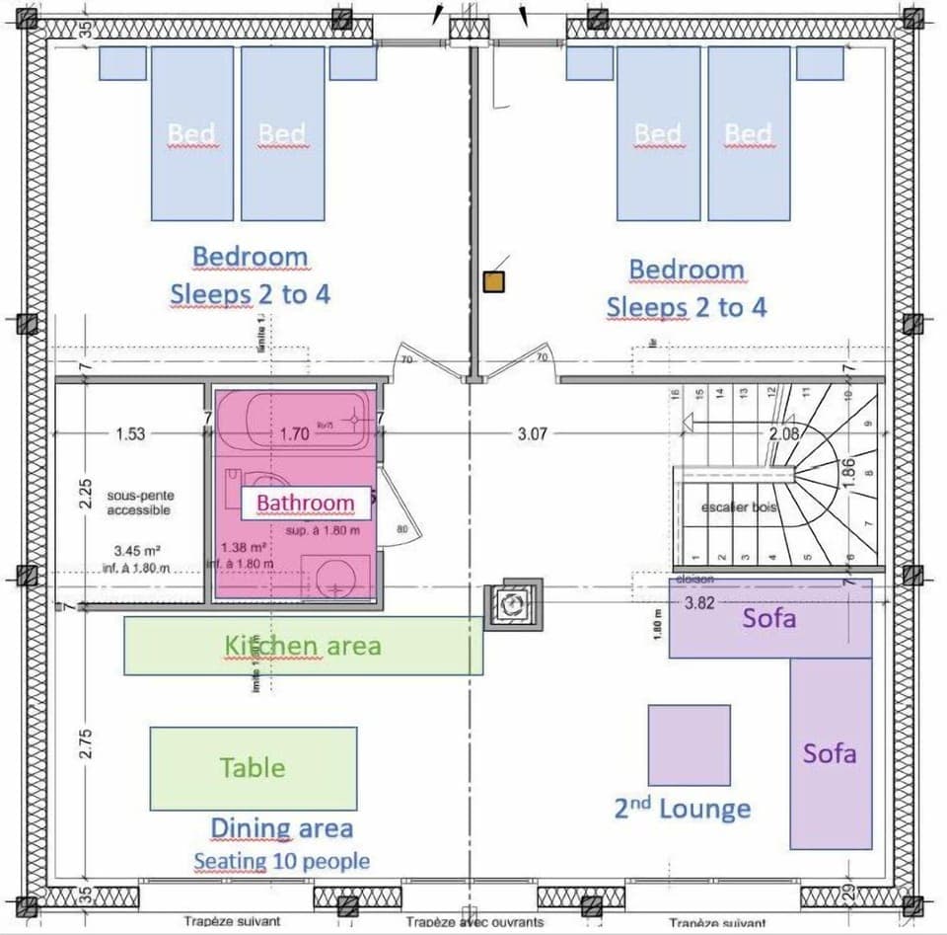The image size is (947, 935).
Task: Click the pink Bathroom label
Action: (306, 503)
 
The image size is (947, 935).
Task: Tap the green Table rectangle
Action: (253, 768)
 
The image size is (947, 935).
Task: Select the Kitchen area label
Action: (303, 646)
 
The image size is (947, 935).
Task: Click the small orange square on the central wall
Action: (493, 282)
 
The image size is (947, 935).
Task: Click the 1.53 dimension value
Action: (130, 432)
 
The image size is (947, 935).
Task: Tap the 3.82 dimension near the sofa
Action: (698, 603)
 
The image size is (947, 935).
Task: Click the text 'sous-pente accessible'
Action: (138, 504)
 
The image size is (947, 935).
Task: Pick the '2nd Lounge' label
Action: (682, 809)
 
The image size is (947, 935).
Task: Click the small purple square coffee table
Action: (689, 744)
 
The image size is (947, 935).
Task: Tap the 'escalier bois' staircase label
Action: (739, 506)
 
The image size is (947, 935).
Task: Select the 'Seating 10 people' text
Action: (281, 861)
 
